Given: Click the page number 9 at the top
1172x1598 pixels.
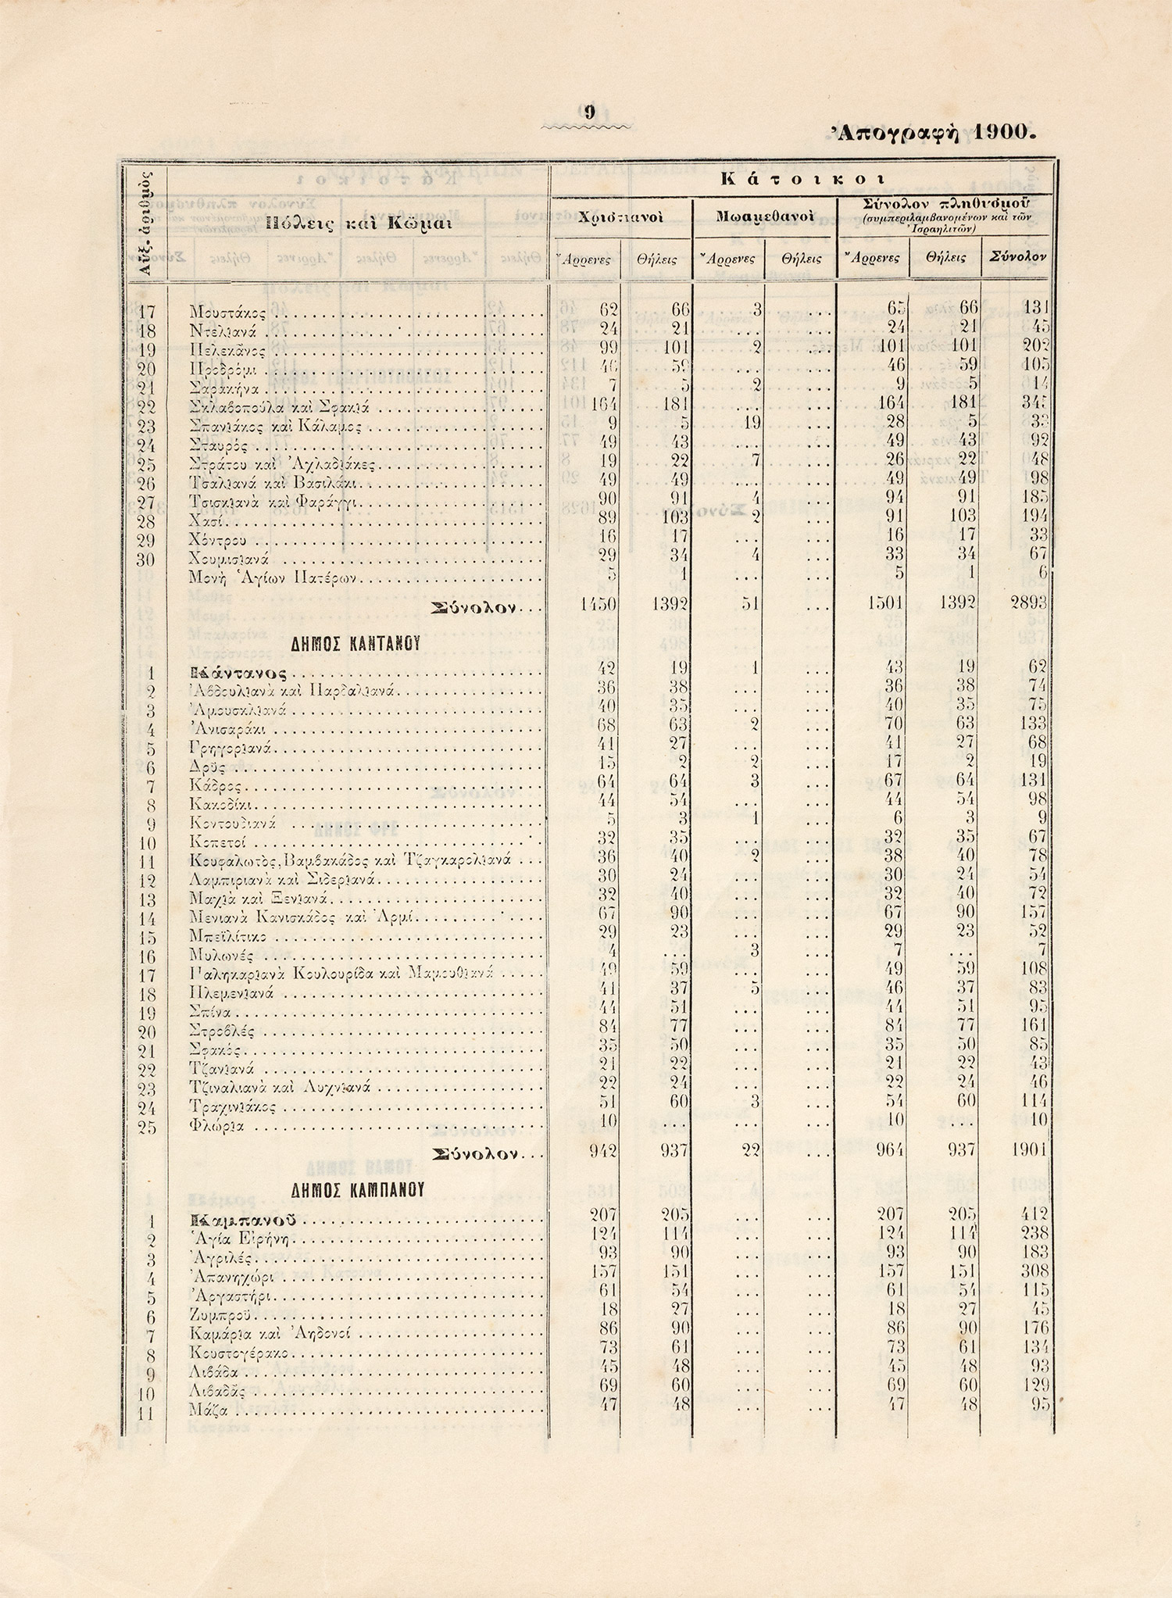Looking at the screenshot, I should tap(590, 113).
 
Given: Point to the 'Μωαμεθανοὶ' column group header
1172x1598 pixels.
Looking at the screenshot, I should tap(764, 215).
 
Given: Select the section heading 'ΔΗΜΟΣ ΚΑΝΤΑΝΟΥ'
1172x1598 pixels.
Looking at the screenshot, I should tap(356, 644).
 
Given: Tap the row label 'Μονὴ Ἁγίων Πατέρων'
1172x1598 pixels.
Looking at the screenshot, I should tap(273, 579).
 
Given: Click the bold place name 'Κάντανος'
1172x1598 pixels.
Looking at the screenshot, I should tap(238, 673).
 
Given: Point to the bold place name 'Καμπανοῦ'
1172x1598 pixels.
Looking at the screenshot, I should tap(243, 1221).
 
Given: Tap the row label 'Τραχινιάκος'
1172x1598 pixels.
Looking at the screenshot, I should tap(232, 1107).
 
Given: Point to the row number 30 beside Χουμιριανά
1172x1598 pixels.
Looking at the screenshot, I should tap(146, 560).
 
